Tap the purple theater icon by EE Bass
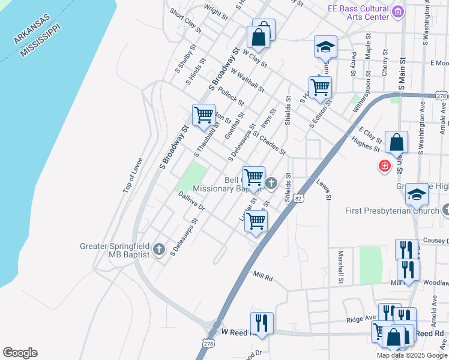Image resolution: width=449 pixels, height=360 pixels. pos(397,11)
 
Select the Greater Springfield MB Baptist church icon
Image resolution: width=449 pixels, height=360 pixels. pos(158,249)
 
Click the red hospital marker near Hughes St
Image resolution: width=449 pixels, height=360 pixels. pos(384,165)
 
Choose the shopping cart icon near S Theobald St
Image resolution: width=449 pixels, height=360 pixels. pos(203,114)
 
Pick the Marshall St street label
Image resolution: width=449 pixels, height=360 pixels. pos(340,266)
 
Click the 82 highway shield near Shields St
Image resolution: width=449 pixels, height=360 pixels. pos(298,197)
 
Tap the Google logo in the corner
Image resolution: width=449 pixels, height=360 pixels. pos(20,353)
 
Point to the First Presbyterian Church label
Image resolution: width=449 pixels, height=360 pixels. pos(392,211)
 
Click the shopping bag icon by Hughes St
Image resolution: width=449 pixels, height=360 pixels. pos(396,142)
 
